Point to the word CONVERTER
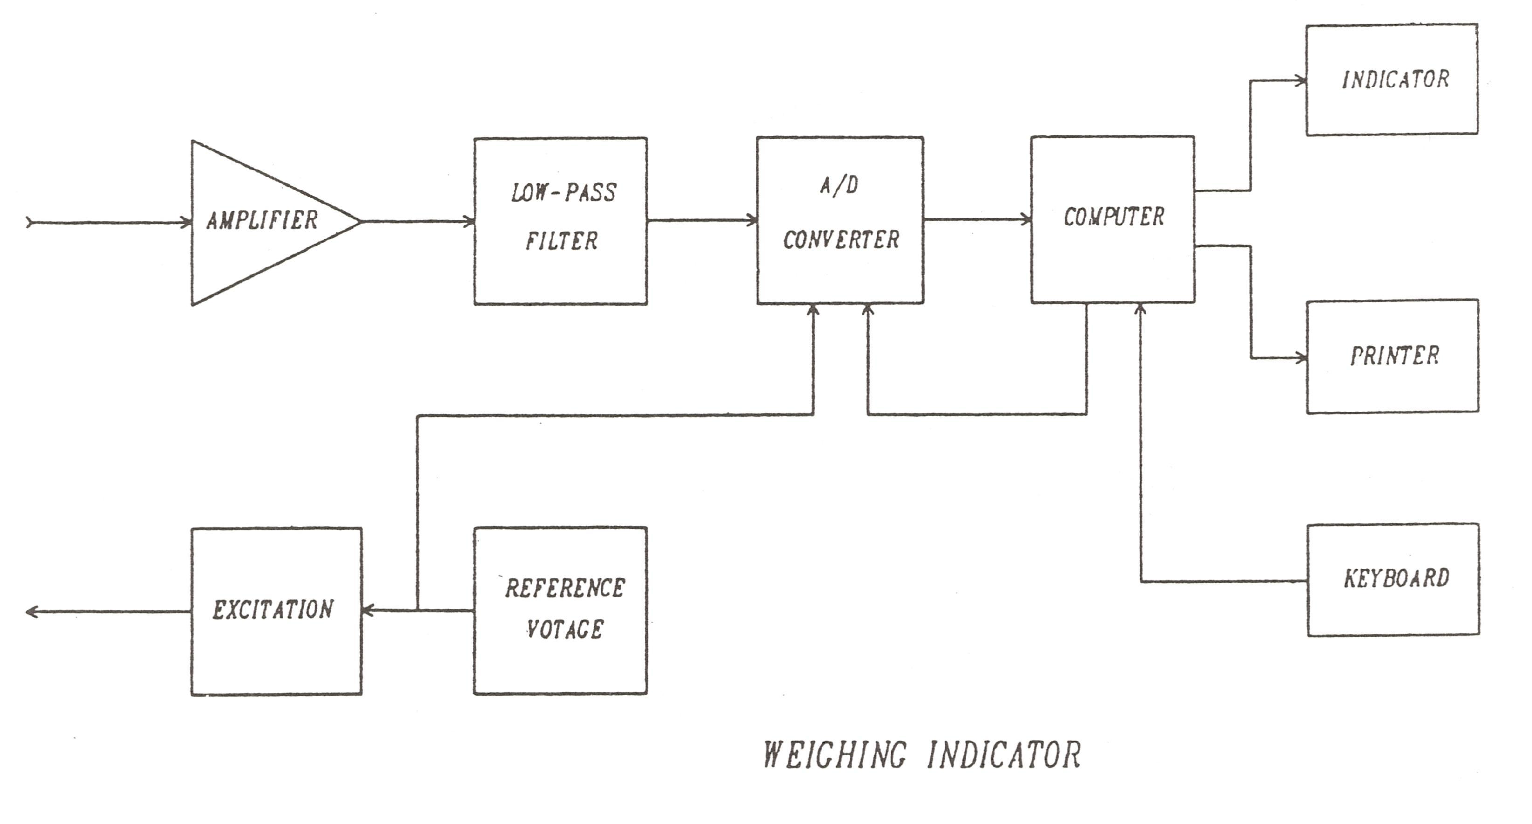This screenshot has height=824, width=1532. click(x=841, y=240)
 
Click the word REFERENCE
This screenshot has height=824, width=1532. click(x=565, y=588)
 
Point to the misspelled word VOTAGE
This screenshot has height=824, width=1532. click(x=565, y=629)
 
